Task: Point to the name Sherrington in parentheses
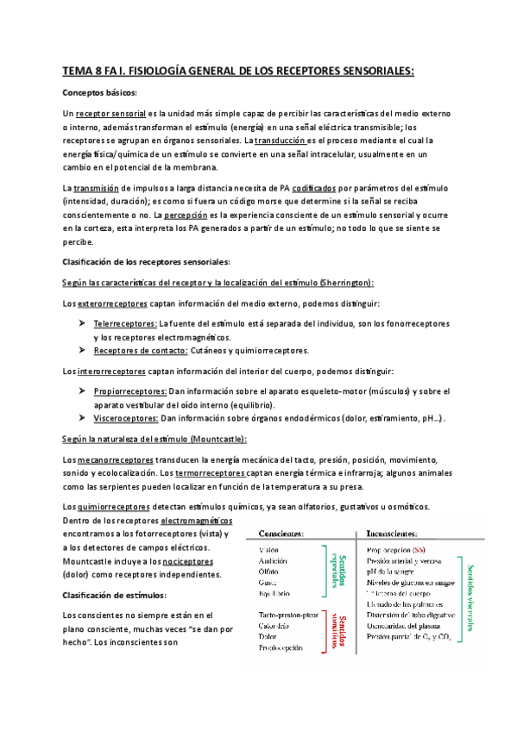(x=344, y=282)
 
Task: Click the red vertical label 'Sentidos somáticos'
(x=337, y=632)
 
